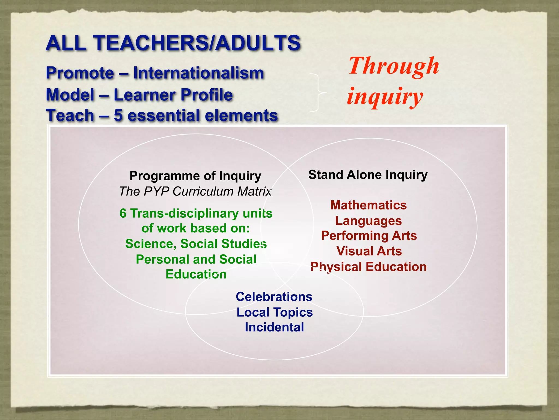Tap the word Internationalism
198,73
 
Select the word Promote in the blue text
80,73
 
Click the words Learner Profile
173,95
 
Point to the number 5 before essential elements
118,115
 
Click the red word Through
394,66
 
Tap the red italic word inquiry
385,96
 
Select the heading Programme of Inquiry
195,176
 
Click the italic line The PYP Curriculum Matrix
195,191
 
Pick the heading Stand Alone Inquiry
368,174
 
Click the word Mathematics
368,205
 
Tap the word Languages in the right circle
368,221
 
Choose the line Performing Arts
369,236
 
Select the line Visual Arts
369,251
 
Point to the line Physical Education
368,267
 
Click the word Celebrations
274,297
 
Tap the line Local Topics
274,312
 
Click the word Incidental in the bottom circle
274,327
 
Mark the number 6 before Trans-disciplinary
123,214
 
